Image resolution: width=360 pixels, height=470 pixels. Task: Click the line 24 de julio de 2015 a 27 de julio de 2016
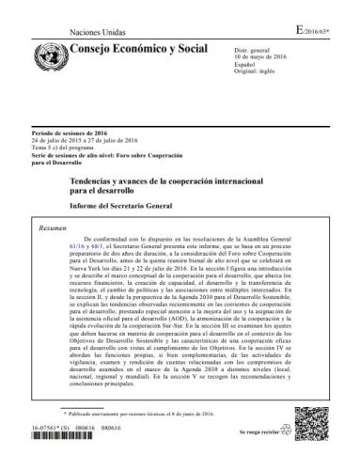coord(87,143)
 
